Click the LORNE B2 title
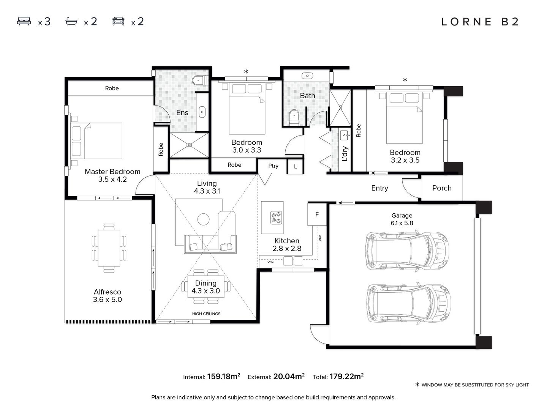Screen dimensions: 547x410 [480, 22]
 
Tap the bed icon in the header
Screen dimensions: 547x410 [24, 21]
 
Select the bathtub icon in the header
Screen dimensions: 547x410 [71, 21]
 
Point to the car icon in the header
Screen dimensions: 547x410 [119, 21]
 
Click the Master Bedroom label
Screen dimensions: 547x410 [112, 172]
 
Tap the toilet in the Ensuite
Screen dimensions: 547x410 [200, 80]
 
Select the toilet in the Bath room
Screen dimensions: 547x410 [294, 118]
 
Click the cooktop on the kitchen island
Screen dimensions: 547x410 [276, 218]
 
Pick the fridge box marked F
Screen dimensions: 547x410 [317, 214]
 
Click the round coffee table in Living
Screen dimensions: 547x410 [203, 219]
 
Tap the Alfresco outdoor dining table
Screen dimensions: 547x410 [109, 248]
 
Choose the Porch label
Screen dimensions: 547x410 [442, 188]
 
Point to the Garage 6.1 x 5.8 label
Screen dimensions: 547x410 [402, 219]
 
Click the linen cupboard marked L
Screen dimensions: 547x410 [295, 166]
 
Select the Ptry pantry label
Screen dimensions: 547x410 [273, 166]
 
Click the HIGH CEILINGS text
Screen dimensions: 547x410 [206, 314]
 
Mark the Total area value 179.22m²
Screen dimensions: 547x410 [346, 376]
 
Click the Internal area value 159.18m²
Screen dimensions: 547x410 [223, 376]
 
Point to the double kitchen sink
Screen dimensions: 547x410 [293, 261]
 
